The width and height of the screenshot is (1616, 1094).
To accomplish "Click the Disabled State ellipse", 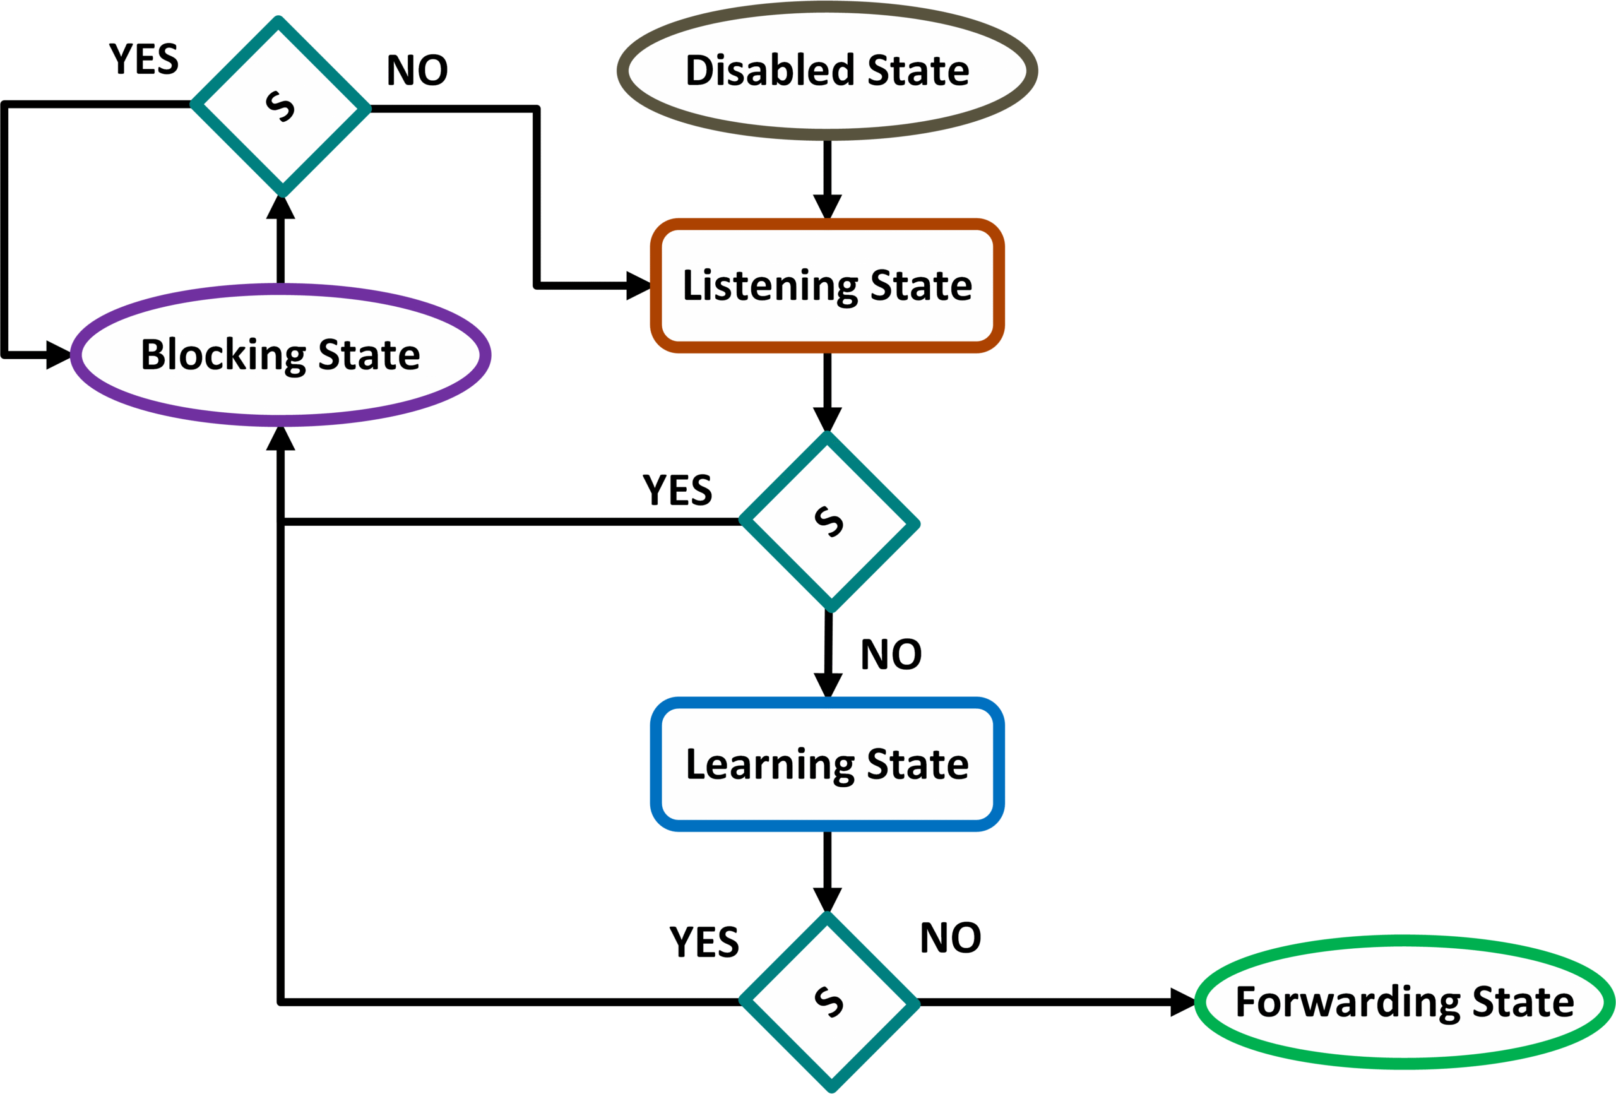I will tap(827, 70).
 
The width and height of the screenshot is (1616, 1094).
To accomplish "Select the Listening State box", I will tap(827, 285).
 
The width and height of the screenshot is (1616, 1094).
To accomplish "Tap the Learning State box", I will tap(827, 764).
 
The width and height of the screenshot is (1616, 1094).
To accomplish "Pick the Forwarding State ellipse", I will tap(1404, 1002).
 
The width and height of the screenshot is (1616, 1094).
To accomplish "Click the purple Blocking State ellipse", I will tap(280, 355).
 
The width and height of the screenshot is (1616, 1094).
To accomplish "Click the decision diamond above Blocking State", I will tap(280, 105).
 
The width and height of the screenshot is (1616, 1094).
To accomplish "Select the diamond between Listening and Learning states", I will tap(829, 521).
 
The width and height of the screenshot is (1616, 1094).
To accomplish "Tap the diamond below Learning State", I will tap(829, 1002).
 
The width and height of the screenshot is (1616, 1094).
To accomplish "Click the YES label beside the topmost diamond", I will tap(144, 59).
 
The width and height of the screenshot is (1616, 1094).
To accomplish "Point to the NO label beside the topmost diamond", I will tap(417, 70).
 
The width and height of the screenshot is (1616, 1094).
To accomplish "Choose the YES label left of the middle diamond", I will tap(677, 491).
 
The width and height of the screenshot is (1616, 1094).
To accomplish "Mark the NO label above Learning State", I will tap(891, 655).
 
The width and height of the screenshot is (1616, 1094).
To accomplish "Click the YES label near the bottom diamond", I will tap(704, 942).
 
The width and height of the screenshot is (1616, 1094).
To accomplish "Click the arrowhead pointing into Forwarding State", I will tap(1182, 1002).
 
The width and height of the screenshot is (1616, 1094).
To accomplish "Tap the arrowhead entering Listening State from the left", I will tap(638, 286).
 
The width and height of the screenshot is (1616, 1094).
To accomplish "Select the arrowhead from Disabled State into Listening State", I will tap(828, 206).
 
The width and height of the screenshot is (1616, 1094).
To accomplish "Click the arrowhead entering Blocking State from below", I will tap(280, 439).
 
